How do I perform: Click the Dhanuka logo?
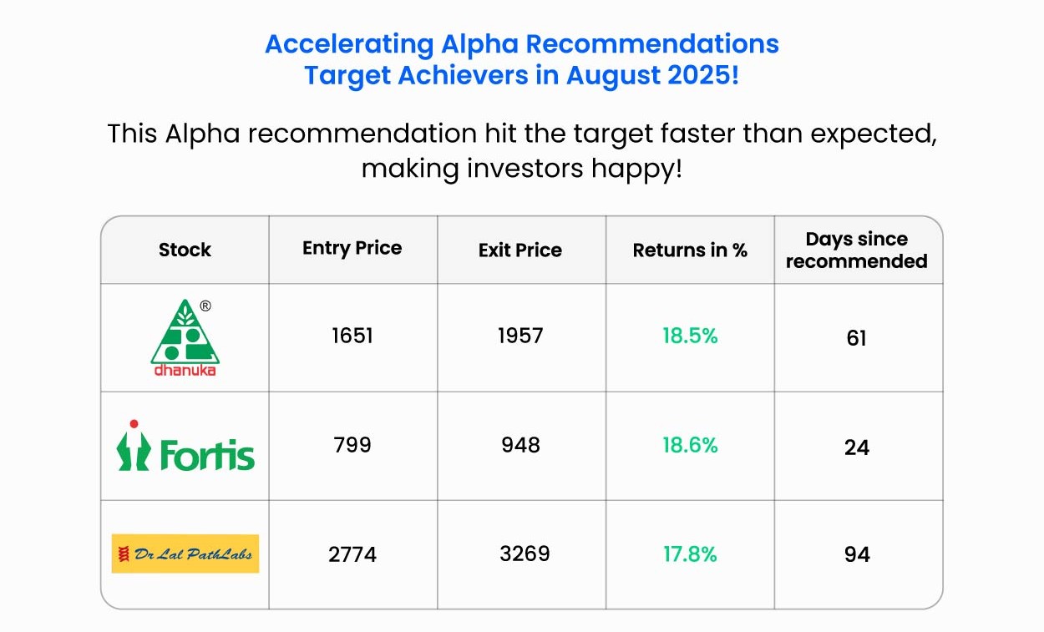[x=185, y=337]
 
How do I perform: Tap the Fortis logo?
[x=185, y=445]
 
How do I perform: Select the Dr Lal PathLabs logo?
[x=185, y=554]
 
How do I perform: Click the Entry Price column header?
[x=352, y=248]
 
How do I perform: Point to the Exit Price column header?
[x=520, y=250]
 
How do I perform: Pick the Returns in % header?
[x=690, y=250]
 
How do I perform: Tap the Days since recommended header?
[x=857, y=250]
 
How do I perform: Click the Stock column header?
[x=185, y=250]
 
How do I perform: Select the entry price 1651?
[x=352, y=336]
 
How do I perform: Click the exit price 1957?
[x=520, y=336]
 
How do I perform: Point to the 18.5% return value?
[x=690, y=336]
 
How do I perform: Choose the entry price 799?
[x=352, y=445]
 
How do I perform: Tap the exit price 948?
[x=520, y=445]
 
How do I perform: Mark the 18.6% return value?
[x=690, y=445]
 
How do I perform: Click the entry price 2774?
[x=352, y=554]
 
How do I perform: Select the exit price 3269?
[x=525, y=554]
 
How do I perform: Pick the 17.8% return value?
[x=690, y=554]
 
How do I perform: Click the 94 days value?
[x=857, y=554]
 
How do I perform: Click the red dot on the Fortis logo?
[x=134, y=424]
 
